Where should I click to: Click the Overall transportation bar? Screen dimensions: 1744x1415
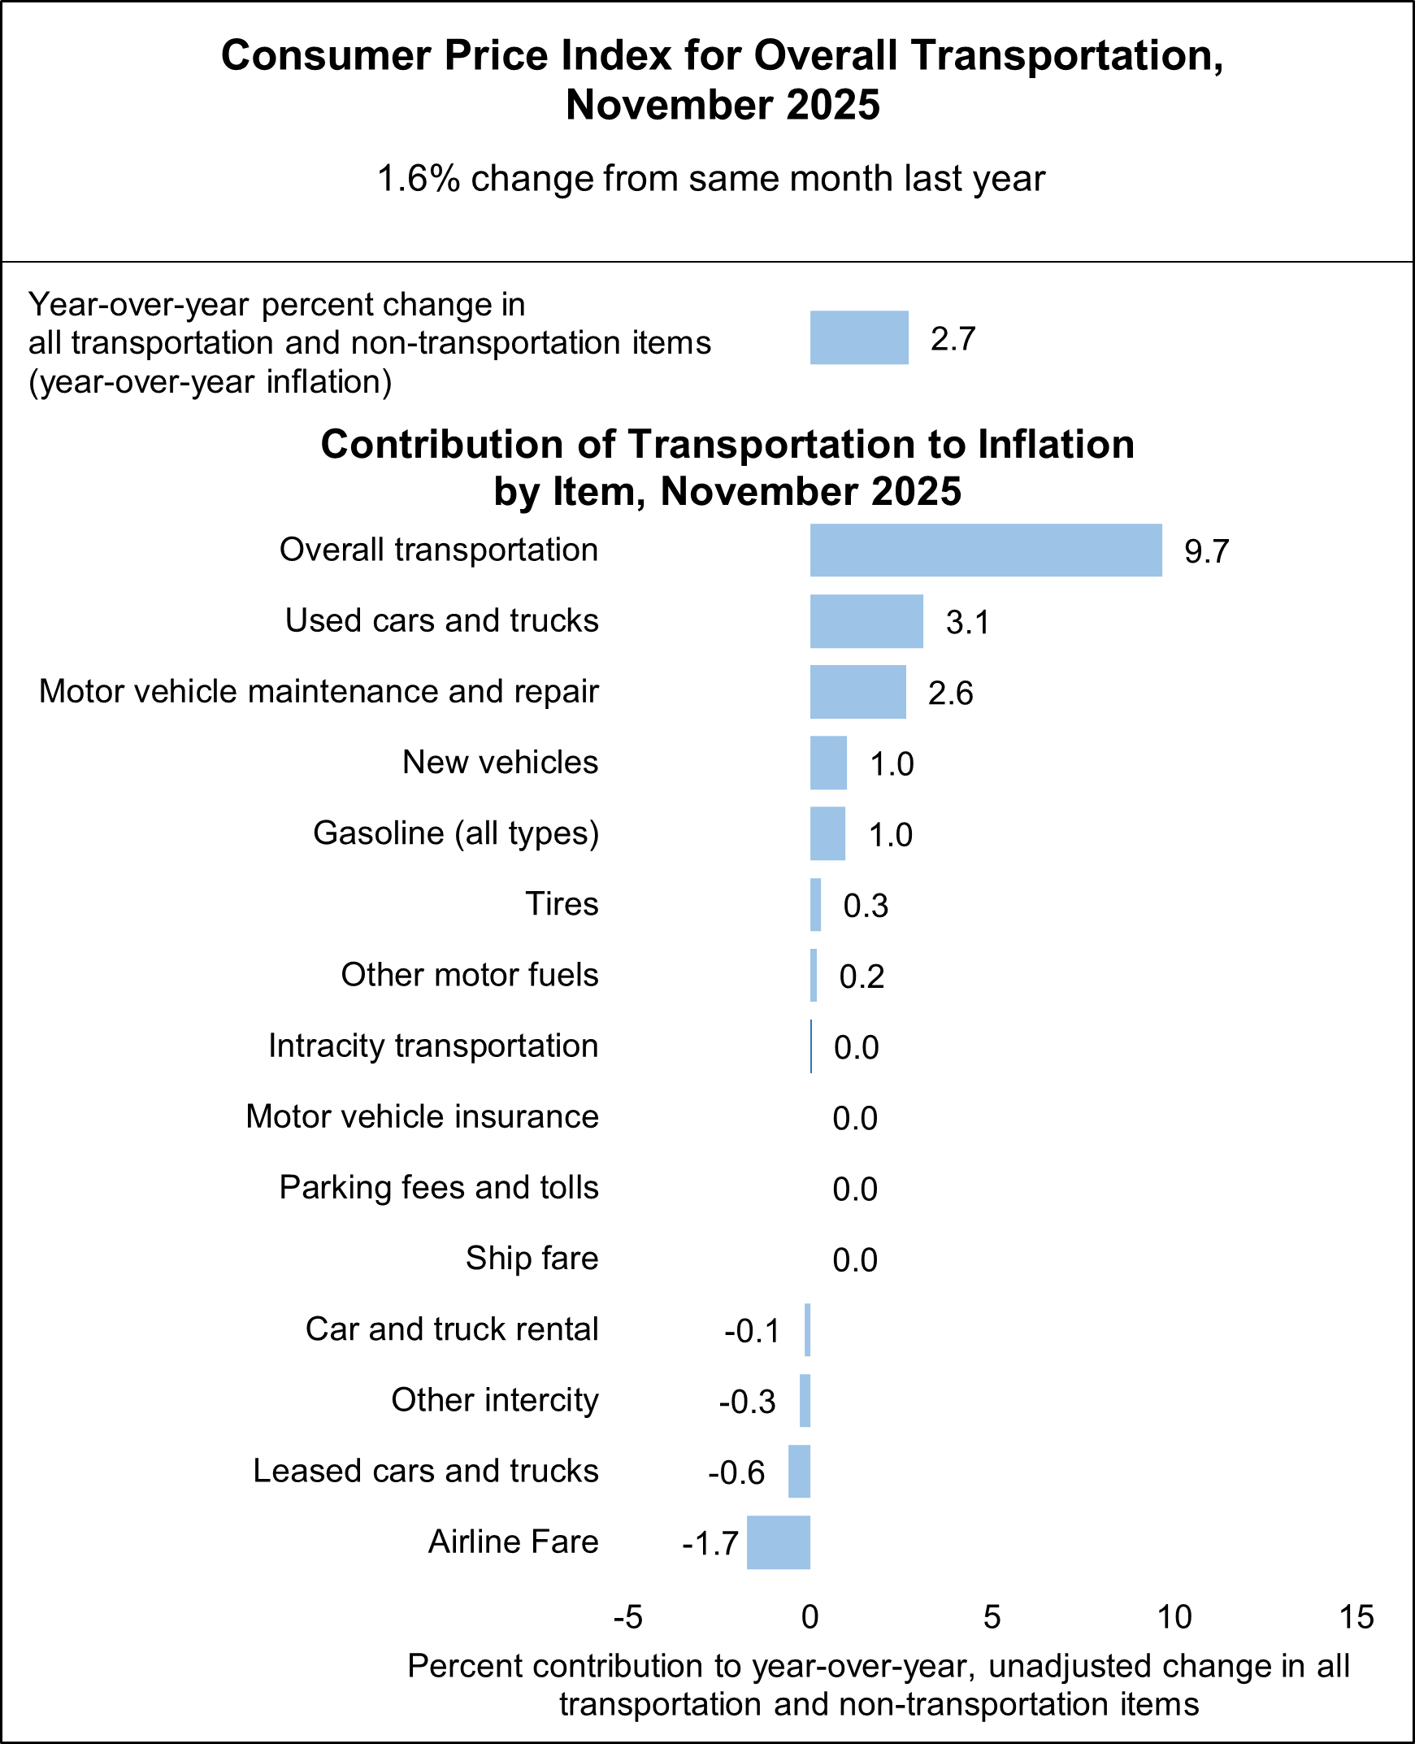point(985,550)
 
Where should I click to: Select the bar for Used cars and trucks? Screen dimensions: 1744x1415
point(866,621)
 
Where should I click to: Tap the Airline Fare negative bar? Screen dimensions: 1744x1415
point(779,1542)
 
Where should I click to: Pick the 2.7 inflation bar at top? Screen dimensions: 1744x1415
point(858,337)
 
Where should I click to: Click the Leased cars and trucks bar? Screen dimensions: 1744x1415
point(799,1472)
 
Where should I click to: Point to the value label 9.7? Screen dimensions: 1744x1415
point(1206,552)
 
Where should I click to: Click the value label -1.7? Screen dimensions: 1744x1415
point(710,1544)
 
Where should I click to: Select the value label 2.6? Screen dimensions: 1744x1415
point(950,694)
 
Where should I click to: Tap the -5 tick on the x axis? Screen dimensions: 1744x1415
point(627,1617)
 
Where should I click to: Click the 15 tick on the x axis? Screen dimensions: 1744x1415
point(1356,1617)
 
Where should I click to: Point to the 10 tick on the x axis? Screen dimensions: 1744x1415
point(1174,1617)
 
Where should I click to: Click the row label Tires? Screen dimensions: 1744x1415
point(562,904)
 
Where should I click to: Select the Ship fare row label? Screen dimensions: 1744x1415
point(532,1258)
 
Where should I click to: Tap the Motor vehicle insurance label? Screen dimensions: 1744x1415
point(422,1117)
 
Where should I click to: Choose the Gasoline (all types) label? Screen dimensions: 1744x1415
point(456,833)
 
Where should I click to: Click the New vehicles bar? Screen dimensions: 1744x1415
point(828,763)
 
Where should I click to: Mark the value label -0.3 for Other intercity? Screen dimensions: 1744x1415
point(747,1403)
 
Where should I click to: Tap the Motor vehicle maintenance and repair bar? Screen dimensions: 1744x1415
point(857,692)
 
